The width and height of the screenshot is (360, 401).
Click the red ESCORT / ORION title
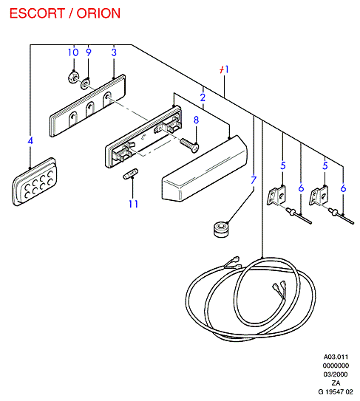pyautogui.click(x=65, y=13)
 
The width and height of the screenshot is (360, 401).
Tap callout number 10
pyautogui.click(x=73, y=52)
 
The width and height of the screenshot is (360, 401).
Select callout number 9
pyautogui.click(x=88, y=52)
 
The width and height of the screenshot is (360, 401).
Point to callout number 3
pyautogui.click(x=114, y=52)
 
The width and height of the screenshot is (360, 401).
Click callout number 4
pyautogui.click(x=30, y=140)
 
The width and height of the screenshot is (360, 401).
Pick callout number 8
pyautogui.click(x=196, y=120)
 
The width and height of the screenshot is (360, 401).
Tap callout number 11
pyautogui.click(x=133, y=204)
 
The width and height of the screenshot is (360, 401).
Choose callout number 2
pyautogui.click(x=203, y=97)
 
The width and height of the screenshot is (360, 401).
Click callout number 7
pyautogui.click(x=254, y=180)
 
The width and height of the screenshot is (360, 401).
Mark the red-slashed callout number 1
pyautogui.click(x=224, y=69)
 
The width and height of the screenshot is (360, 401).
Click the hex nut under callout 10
pyautogui.click(x=73, y=77)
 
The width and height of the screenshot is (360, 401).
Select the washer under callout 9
pyautogui.click(x=85, y=83)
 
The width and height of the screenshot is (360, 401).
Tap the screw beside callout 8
pyautogui.click(x=189, y=145)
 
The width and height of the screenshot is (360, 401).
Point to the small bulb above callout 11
pyautogui.click(x=131, y=174)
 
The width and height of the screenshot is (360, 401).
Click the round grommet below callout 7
pyautogui.click(x=221, y=230)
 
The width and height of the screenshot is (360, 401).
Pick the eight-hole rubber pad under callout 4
pyautogui.click(x=35, y=182)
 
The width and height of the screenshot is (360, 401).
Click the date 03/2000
pyautogui.click(x=336, y=374)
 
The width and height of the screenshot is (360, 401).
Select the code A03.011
pyautogui.click(x=336, y=357)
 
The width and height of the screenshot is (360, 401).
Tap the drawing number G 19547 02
pyautogui.click(x=336, y=391)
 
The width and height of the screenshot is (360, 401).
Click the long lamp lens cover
pyautogui.click(x=205, y=169)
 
